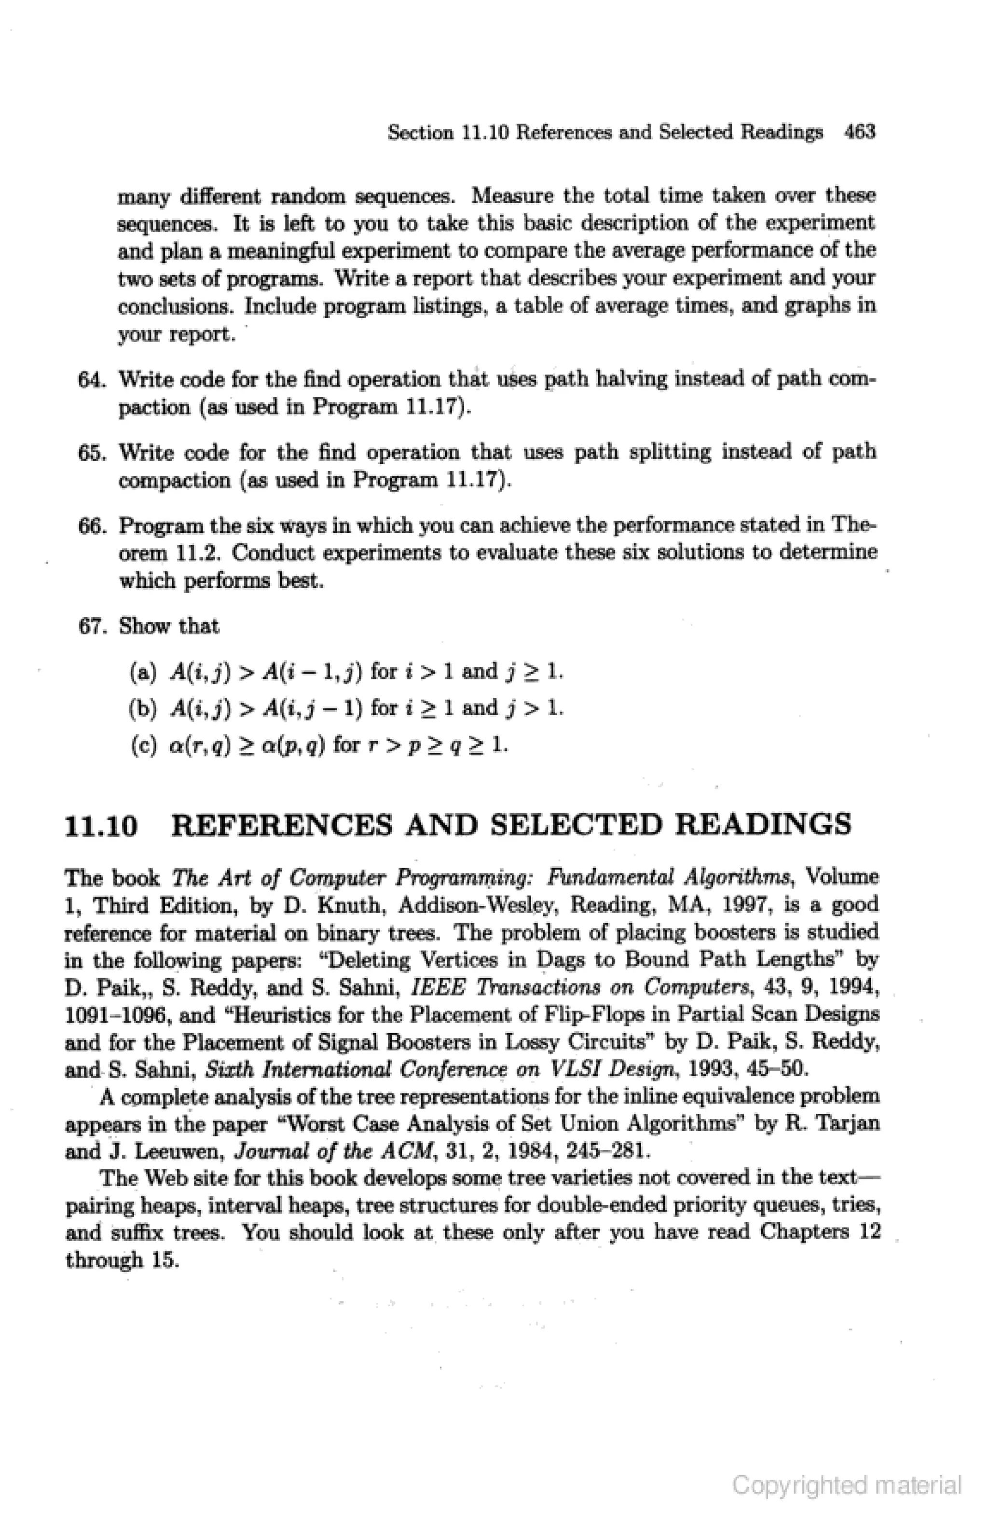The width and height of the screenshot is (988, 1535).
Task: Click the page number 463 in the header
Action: click(859, 132)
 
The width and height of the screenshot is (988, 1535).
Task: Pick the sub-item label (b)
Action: click(143, 708)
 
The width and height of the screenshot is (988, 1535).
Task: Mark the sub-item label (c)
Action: click(143, 745)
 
